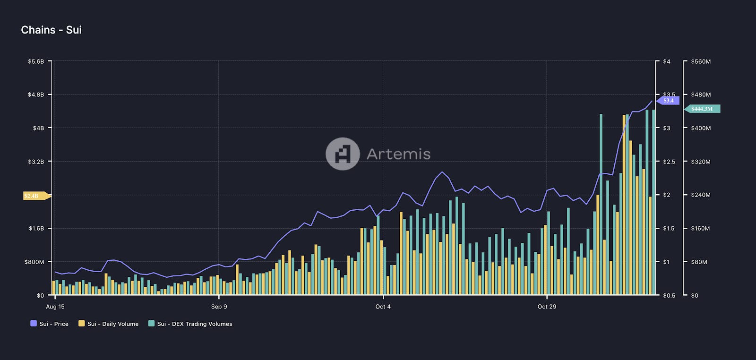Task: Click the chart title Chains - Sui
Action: [51, 30]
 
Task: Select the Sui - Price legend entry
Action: [49, 324]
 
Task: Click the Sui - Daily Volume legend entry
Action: [108, 324]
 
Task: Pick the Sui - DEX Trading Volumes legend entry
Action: [190, 324]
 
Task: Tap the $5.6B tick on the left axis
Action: [36, 61]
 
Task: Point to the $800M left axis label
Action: [34, 262]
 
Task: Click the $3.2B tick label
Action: [36, 162]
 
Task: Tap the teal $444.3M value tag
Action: [702, 109]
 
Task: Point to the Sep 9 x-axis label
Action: [219, 307]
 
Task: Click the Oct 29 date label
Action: [547, 307]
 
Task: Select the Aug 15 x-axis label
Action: [55, 307]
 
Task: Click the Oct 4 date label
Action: [383, 307]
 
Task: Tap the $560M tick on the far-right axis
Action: [701, 61]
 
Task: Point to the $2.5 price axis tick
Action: [669, 162]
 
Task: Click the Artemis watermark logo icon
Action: [343, 154]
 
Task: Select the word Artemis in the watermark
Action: [398, 154]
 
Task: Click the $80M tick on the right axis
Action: [699, 262]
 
